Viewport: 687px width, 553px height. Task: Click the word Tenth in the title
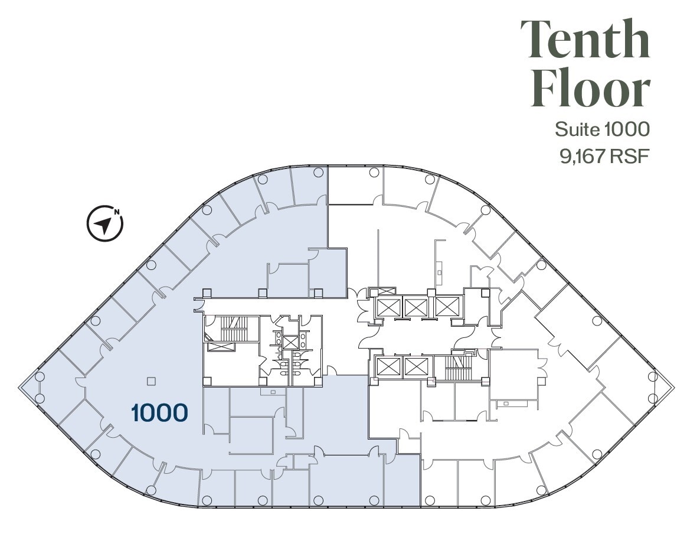click(584, 39)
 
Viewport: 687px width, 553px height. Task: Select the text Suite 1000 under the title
click(602, 129)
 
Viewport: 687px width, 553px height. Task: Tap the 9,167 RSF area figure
click(602, 156)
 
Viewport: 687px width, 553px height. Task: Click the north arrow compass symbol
click(105, 224)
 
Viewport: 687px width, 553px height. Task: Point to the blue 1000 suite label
click(159, 412)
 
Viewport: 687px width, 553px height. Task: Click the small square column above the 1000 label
click(152, 382)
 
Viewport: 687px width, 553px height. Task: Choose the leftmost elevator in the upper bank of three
click(388, 307)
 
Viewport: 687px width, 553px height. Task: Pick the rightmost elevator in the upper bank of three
click(446, 307)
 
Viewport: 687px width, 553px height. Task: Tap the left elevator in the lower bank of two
click(387, 367)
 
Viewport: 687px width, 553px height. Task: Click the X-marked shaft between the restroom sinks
click(290, 341)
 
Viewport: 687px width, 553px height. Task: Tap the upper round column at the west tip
click(40, 376)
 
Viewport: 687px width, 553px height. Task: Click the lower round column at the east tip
click(652, 398)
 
